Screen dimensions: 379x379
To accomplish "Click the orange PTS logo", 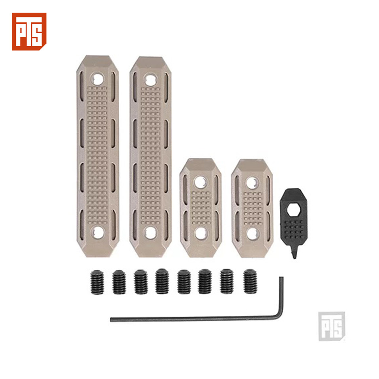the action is tap(29, 32).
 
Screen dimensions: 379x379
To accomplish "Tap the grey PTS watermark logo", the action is tap(332, 326).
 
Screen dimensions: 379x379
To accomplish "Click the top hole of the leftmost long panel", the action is tap(97, 79).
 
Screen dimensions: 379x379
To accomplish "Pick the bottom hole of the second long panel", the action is tap(150, 233).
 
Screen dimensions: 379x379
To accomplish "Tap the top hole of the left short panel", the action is tap(201, 182).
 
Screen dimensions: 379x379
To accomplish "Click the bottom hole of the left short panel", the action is tap(201, 233).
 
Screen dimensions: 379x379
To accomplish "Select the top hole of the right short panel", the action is tap(252, 183).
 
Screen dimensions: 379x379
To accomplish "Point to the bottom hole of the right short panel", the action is tap(253, 234).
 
